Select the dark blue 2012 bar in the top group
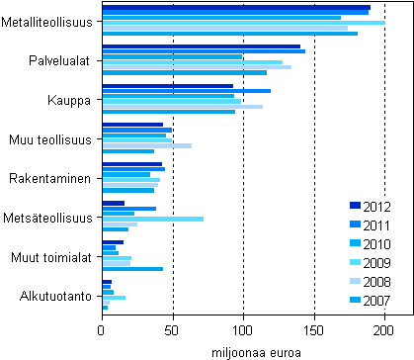tap(236, 7)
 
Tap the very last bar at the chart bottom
tap(105, 308)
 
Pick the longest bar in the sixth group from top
tap(153, 219)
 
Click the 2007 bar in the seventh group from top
tap(132, 269)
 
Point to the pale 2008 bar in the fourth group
tap(147, 145)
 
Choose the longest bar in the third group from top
tap(187, 91)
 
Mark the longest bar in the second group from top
tap(204, 51)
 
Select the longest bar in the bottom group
tap(114, 297)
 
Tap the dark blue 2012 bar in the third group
tap(168, 86)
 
